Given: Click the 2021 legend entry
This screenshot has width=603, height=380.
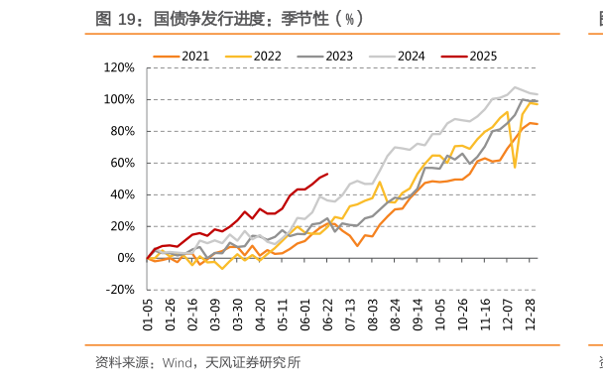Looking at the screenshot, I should tap(194, 56).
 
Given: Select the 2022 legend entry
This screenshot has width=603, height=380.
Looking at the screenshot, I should tap(267, 56).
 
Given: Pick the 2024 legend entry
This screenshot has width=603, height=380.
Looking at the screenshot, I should tap(411, 56).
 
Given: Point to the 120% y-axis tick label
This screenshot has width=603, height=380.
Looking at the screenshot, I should tap(119, 67).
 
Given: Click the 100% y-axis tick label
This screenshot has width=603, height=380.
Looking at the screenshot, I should tap(119, 99).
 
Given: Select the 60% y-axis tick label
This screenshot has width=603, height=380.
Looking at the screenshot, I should tap(122, 163).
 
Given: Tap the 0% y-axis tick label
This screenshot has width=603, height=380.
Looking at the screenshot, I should tap(125, 258).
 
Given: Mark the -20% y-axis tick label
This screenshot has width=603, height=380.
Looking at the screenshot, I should tap(120, 290).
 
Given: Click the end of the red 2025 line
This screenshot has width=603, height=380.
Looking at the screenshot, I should tap(327, 175).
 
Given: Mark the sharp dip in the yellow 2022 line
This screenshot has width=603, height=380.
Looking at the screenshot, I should tap(515, 167).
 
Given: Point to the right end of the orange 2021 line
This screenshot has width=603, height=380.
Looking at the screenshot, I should tap(538, 124).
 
